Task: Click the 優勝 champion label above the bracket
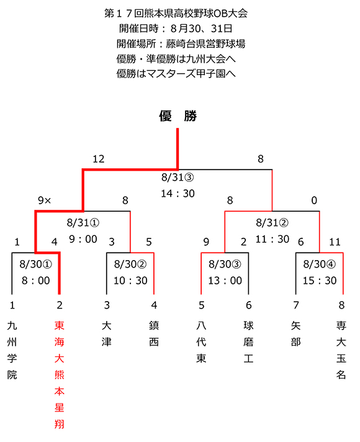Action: click(178, 116)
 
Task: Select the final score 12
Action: click(99, 159)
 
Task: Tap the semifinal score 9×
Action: click(45, 201)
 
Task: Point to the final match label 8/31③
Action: click(178, 178)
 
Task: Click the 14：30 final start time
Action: click(178, 194)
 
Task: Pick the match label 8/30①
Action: click(36, 264)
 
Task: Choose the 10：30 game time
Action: click(130, 281)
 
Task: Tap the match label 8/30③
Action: click(225, 264)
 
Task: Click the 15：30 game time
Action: click(320, 281)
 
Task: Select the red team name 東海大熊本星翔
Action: click(59, 375)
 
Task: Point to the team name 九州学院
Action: click(12, 350)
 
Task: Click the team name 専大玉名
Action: click(341, 350)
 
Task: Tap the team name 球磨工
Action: click(248, 342)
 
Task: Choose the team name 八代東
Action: click(201, 342)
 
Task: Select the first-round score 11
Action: click(335, 242)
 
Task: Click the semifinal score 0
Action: click(314, 201)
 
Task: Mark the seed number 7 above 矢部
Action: click(295, 305)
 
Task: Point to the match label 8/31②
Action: click(272, 223)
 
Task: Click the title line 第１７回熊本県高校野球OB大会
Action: click(176, 13)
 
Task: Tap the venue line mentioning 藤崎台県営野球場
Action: click(181, 43)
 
